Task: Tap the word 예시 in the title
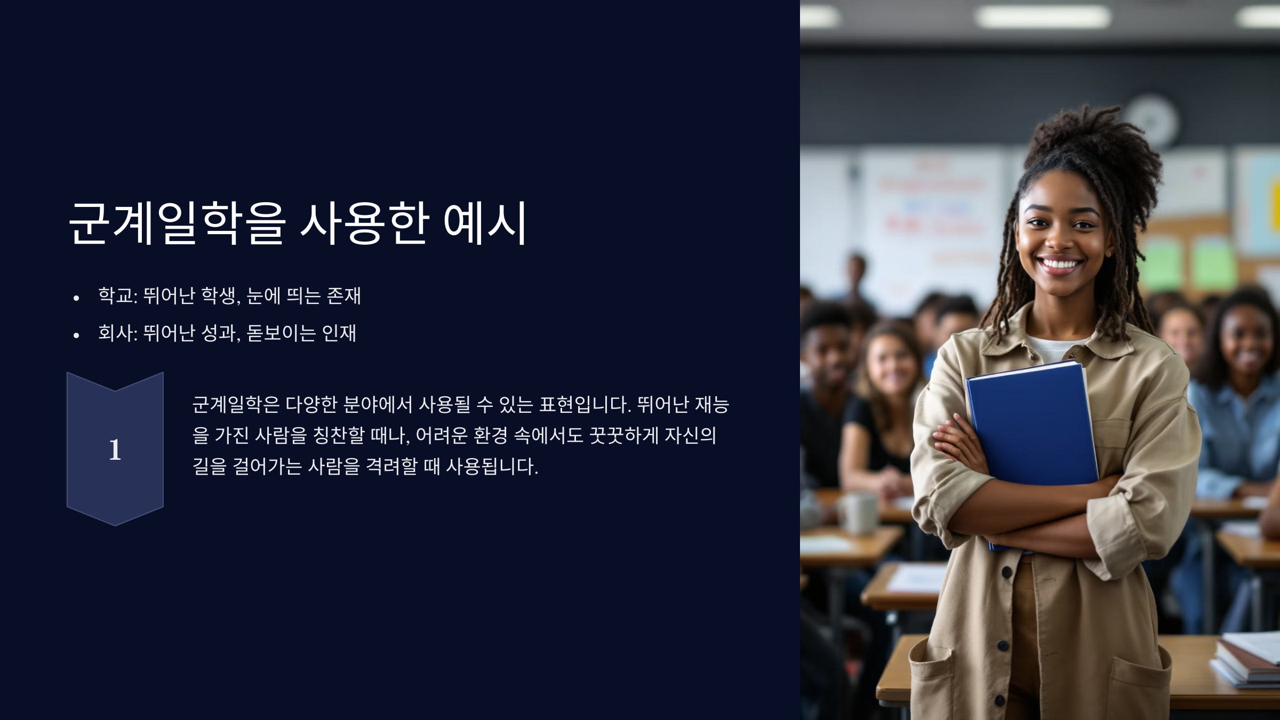(x=485, y=223)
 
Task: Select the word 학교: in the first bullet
(x=118, y=295)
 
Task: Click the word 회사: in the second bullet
(x=118, y=333)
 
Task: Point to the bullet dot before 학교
(x=76, y=298)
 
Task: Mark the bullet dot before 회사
(x=76, y=335)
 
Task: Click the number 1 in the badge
(x=115, y=450)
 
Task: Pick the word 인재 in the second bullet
(x=339, y=333)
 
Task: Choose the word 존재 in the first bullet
(x=343, y=295)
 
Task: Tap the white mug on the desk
(x=860, y=512)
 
